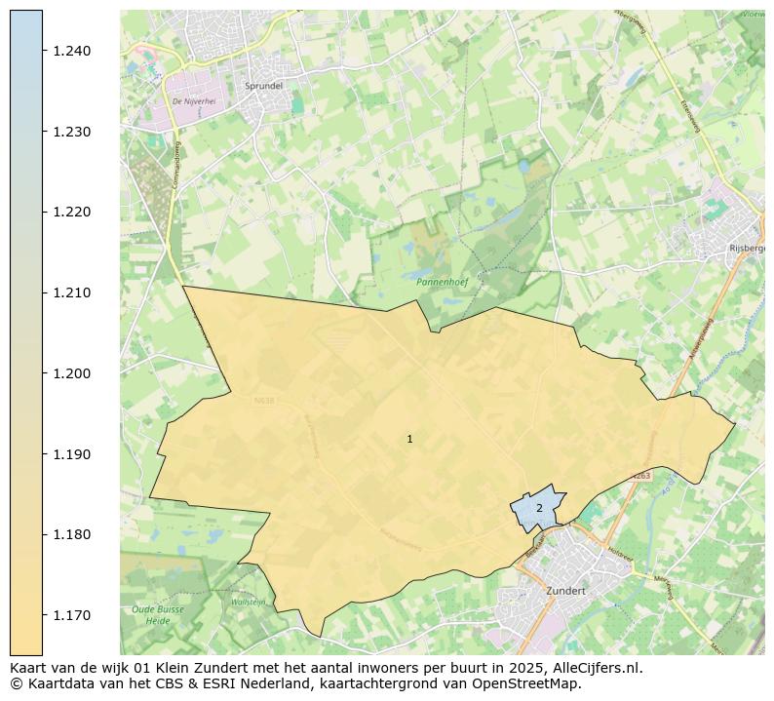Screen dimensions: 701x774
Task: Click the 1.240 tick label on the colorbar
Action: pyautogui.click(x=71, y=51)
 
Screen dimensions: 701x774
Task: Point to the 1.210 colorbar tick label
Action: pyautogui.click(x=71, y=292)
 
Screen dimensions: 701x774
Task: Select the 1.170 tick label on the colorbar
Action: pyautogui.click(x=71, y=615)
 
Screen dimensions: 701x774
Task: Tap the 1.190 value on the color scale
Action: pyautogui.click(x=71, y=454)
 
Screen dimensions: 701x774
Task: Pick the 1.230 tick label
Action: pyautogui.click(x=71, y=132)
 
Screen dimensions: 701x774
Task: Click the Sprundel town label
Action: pyautogui.click(x=263, y=86)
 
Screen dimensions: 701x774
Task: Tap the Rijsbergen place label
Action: pyautogui.click(x=747, y=249)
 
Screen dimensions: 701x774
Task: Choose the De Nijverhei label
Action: pyautogui.click(x=192, y=101)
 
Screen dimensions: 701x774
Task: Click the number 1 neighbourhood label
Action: pyautogui.click(x=409, y=440)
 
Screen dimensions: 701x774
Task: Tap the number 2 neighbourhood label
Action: pyautogui.click(x=539, y=508)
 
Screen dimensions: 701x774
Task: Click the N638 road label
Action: pyautogui.click(x=264, y=400)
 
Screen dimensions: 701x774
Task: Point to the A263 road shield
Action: pyautogui.click(x=639, y=476)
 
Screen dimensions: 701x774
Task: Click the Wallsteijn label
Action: pyautogui.click(x=248, y=603)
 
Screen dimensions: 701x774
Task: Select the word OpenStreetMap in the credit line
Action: pyautogui.click(x=527, y=683)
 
